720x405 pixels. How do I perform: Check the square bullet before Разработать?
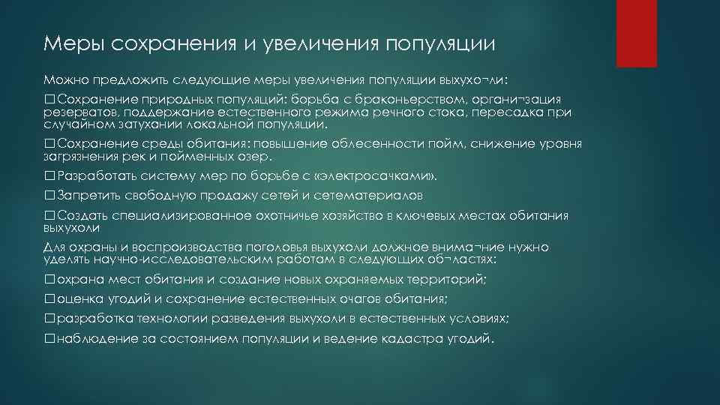(x=49, y=176)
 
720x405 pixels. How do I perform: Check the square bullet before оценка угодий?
(x=49, y=298)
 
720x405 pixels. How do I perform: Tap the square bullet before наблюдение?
(x=49, y=338)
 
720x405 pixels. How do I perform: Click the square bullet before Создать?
(x=49, y=216)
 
